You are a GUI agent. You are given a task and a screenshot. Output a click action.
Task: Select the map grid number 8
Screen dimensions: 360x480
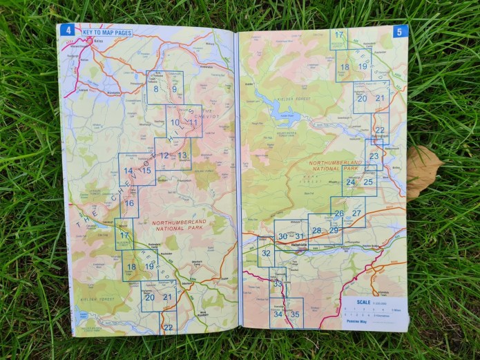tap(157, 88)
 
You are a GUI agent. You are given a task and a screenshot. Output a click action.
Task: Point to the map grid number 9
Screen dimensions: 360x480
tap(175, 88)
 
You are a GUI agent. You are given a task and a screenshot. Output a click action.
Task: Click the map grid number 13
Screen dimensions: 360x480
tap(182, 155)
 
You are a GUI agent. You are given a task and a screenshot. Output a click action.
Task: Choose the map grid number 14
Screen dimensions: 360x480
tap(128, 171)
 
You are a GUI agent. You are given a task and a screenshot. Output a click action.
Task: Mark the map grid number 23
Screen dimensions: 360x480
tap(374, 156)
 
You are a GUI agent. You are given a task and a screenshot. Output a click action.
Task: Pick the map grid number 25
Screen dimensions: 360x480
tap(368, 182)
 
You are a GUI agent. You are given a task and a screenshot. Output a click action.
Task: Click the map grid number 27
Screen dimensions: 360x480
tap(356, 214)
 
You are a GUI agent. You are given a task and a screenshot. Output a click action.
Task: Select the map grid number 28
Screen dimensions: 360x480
tap(316, 230)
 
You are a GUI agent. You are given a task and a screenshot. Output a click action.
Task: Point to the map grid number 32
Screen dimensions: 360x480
tap(266, 253)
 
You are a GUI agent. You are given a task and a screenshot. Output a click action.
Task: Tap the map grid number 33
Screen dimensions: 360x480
tap(278, 283)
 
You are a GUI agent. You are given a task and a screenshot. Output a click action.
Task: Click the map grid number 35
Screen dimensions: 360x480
tap(295, 314)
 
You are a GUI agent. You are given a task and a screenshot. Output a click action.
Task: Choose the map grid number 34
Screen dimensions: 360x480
tap(278, 314)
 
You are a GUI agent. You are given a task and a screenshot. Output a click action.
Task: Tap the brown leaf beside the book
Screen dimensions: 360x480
tap(422, 171)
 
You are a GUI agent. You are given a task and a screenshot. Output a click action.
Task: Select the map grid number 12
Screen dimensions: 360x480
tap(164, 155)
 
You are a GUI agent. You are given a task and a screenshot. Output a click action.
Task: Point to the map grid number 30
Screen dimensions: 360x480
tap(282, 236)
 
